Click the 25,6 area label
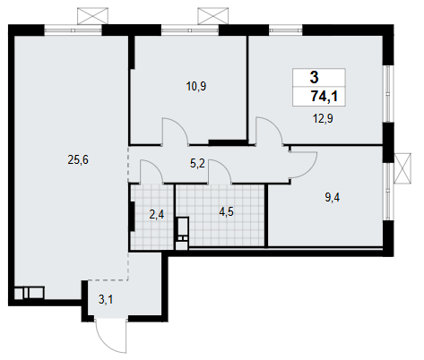pos(78,160)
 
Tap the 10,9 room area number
pos(196,87)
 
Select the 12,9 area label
pos(323,118)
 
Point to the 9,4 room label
pos(333,198)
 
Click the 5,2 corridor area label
pos(197,163)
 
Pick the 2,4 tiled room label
pos(157,214)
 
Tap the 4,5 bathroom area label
pos(226,212)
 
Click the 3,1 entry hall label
pos(106,299)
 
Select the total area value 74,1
pos(324,97)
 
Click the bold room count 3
pos(315,77)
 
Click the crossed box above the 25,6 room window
pos(92,16)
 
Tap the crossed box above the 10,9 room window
pos(212,16)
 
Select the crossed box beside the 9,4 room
pos(402,168)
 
